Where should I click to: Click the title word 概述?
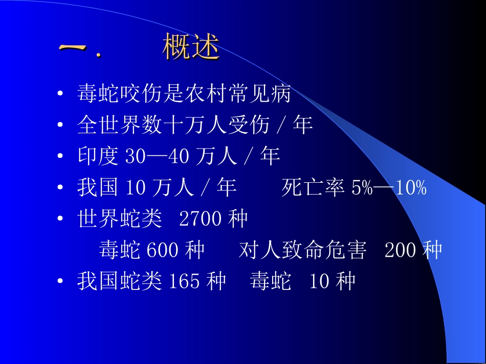[191, 47]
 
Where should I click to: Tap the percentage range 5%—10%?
[389, 188]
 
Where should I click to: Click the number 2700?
[201, 220]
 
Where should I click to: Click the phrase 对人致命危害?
[302, 251]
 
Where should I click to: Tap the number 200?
[402, 251]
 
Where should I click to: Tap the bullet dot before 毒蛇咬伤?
[61, 94]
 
